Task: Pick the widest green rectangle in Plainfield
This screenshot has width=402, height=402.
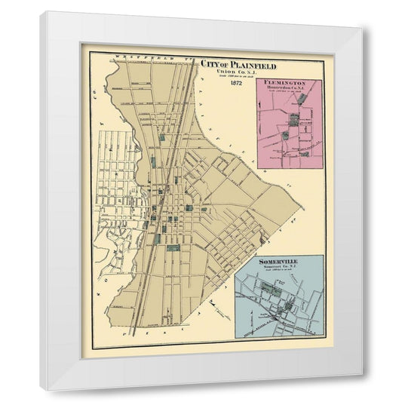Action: coord(173,247)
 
